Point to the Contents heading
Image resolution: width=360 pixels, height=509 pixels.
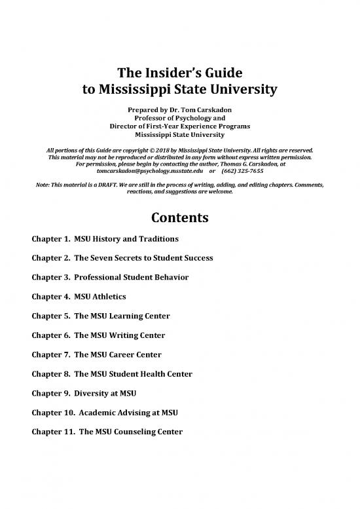[x=179, y=217]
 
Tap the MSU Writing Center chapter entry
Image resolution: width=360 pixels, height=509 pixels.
[x=96, y=335]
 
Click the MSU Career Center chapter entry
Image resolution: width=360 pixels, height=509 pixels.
[x=94, y=354]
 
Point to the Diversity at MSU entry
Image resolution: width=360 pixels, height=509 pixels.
[x=82, y=393]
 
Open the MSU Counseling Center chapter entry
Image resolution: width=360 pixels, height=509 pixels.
[x=104, y=432]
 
